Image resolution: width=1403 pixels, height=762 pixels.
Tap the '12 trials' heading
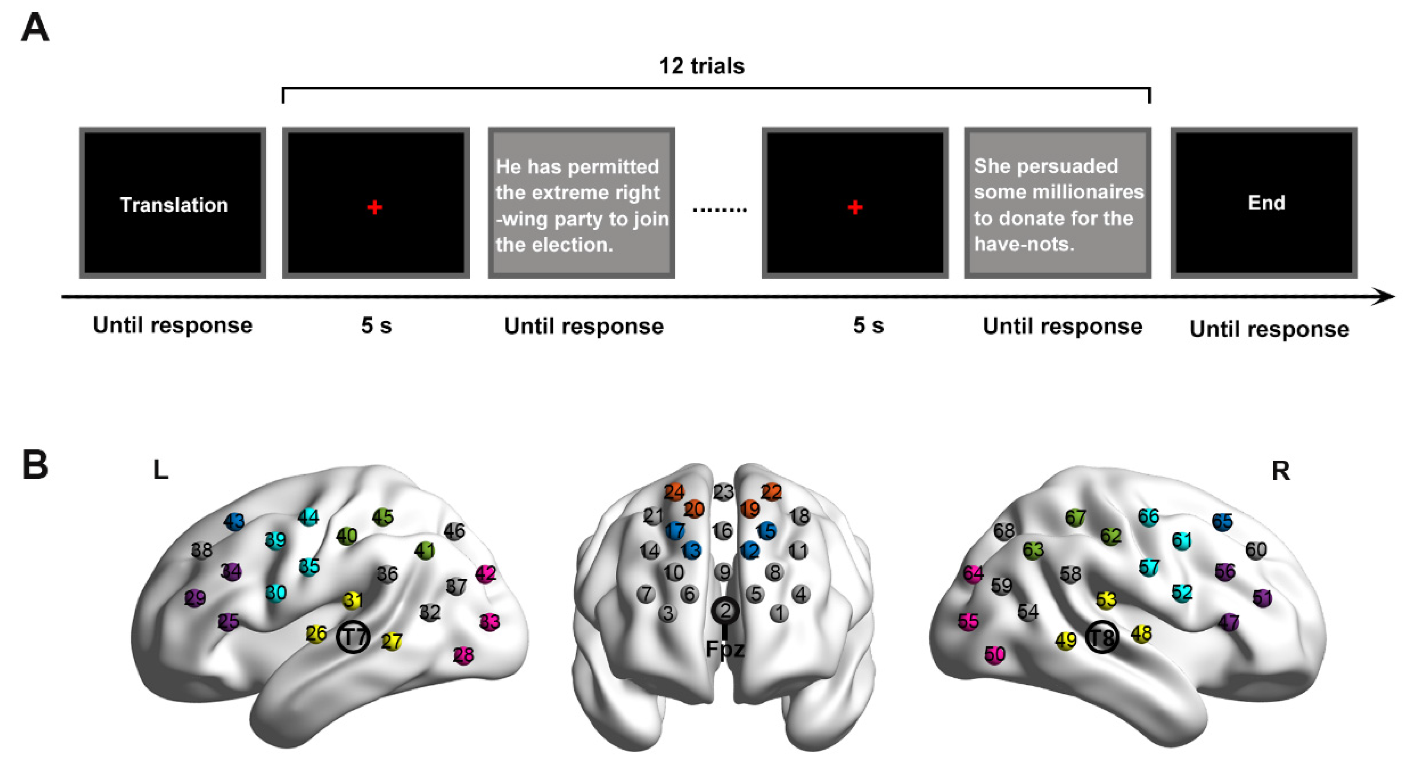coord(701,66)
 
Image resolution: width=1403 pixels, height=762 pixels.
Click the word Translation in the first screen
coord(174,205)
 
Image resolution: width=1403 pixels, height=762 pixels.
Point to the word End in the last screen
coord(1266,203)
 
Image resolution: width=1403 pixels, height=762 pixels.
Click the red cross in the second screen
coord(375,208)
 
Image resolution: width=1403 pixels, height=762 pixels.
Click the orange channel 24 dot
coord(674,492)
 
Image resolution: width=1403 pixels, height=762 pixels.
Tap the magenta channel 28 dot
coord(464,655)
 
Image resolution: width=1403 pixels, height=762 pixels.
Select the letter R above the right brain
coord(1281,471)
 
